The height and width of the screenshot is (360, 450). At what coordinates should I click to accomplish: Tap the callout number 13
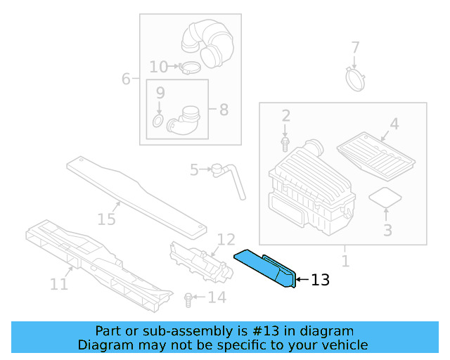tap(320, 280)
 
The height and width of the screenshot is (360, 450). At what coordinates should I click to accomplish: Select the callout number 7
tap(355, 48)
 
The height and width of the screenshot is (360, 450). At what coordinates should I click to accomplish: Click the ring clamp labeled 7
tap(356, 77)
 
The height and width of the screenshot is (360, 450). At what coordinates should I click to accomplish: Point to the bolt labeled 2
tap(285, 143)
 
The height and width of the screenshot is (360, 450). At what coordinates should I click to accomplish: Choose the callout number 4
tap(394, 124)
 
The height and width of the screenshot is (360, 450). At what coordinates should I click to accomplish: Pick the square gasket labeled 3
tap(384, 197)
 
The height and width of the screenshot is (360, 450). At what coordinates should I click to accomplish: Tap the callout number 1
tap(345, 262)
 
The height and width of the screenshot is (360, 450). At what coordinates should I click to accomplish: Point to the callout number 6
tap(126, 79)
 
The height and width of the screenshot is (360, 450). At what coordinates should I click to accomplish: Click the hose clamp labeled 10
tap(189, 67)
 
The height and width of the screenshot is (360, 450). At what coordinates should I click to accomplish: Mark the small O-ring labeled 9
tap(158, 123)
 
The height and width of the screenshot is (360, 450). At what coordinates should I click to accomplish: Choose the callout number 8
tap(224, 110)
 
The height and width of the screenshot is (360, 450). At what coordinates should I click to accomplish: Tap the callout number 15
tap(105, 219)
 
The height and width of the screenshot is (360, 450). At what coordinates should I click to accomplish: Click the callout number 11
tap(58, 284)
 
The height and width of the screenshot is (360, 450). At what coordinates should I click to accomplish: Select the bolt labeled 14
tap(188, 299)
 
